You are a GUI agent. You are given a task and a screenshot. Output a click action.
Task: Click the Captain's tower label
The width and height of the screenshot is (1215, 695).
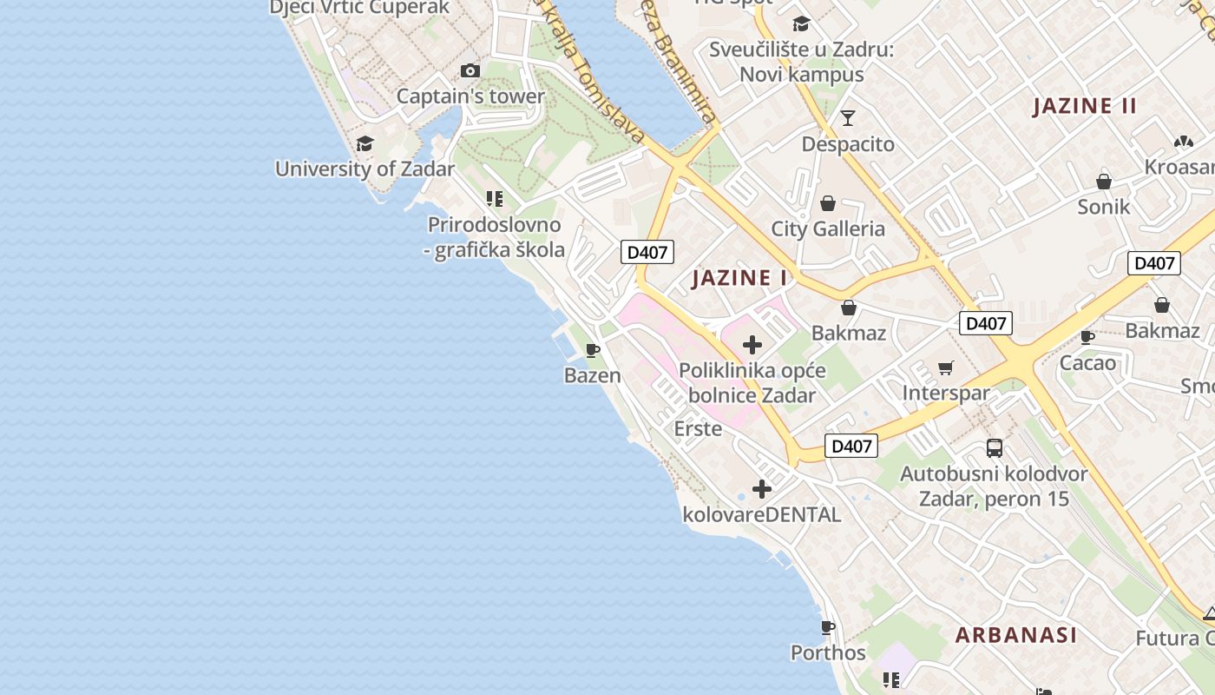click(x=470, y=96)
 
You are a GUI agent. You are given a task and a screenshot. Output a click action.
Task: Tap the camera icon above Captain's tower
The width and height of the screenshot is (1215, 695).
click(x=470, y=70)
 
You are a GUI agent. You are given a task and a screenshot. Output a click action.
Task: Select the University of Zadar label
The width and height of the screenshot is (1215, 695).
click(x=364, y=169)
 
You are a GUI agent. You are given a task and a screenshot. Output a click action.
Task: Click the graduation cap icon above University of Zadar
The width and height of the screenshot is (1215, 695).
click(x=364, y=143)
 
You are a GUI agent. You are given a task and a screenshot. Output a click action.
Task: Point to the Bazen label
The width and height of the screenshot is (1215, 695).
click(x=593, y=375)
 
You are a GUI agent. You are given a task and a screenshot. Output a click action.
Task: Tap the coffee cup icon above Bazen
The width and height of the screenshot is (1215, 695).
click(x=593, y=350)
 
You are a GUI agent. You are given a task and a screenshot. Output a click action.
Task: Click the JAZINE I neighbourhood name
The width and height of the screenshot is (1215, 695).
click(x=739, y=278)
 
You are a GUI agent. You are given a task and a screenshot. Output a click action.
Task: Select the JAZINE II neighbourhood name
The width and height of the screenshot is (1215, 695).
click(x=1084, y=107)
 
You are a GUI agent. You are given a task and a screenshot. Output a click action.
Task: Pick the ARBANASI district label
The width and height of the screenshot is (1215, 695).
click(x=1016, y=635)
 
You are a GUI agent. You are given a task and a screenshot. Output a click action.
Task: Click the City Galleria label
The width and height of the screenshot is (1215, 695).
click(x=828, y=229)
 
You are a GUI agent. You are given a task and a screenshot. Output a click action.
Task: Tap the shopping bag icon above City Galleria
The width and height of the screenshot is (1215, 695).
click(x=828, y=203)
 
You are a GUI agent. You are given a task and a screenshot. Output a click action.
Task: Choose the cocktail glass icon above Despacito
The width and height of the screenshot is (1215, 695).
click(x=848, y=117)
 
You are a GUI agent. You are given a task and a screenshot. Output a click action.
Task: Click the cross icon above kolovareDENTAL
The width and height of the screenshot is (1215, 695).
click(x=762, y=489)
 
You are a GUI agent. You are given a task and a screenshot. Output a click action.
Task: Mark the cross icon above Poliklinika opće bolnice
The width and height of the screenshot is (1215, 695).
click(x=752, y=345)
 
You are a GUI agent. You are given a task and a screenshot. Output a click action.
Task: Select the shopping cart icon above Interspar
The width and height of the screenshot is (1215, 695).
click(x=946, y=367)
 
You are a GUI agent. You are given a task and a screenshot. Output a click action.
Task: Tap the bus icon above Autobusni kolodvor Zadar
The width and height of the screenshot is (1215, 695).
click(x=995, y=448)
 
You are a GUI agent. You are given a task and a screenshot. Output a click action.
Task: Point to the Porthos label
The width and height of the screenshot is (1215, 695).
click(x=828, y=652)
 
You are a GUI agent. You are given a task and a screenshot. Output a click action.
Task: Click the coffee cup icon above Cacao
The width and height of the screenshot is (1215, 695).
click(x=1087, y=337)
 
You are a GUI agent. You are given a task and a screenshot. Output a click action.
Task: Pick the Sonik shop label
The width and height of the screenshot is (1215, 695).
click(x=1104, y=207)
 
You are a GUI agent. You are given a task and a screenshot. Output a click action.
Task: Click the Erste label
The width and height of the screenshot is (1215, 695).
click(x=698, y=428)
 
